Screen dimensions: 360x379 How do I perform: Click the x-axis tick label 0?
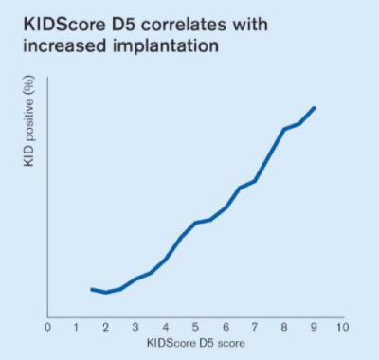tap(47, 328)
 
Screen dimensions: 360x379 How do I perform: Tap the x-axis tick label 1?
tap(77, 328)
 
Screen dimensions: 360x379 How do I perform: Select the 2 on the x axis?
tap(106, 328)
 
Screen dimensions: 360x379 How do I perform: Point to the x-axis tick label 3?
tap(135, 328)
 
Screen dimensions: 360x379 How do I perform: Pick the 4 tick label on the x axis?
tap(165, 328)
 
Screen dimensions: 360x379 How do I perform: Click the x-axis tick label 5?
tap(194, 328)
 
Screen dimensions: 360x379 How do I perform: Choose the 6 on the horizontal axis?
tap(225, 328)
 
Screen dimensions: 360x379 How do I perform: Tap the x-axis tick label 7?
tap(254, 328)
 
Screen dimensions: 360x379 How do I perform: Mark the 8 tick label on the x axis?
tap(283, 328)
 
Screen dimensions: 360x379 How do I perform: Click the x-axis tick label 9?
tap(313, 328)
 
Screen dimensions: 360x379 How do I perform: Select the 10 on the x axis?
tap(342, 328)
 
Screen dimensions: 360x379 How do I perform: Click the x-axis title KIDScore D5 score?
tap(195, 342)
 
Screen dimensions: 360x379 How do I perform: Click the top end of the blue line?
tap(314, 108)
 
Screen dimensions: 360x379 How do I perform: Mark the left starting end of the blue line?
tap(91, 289)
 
